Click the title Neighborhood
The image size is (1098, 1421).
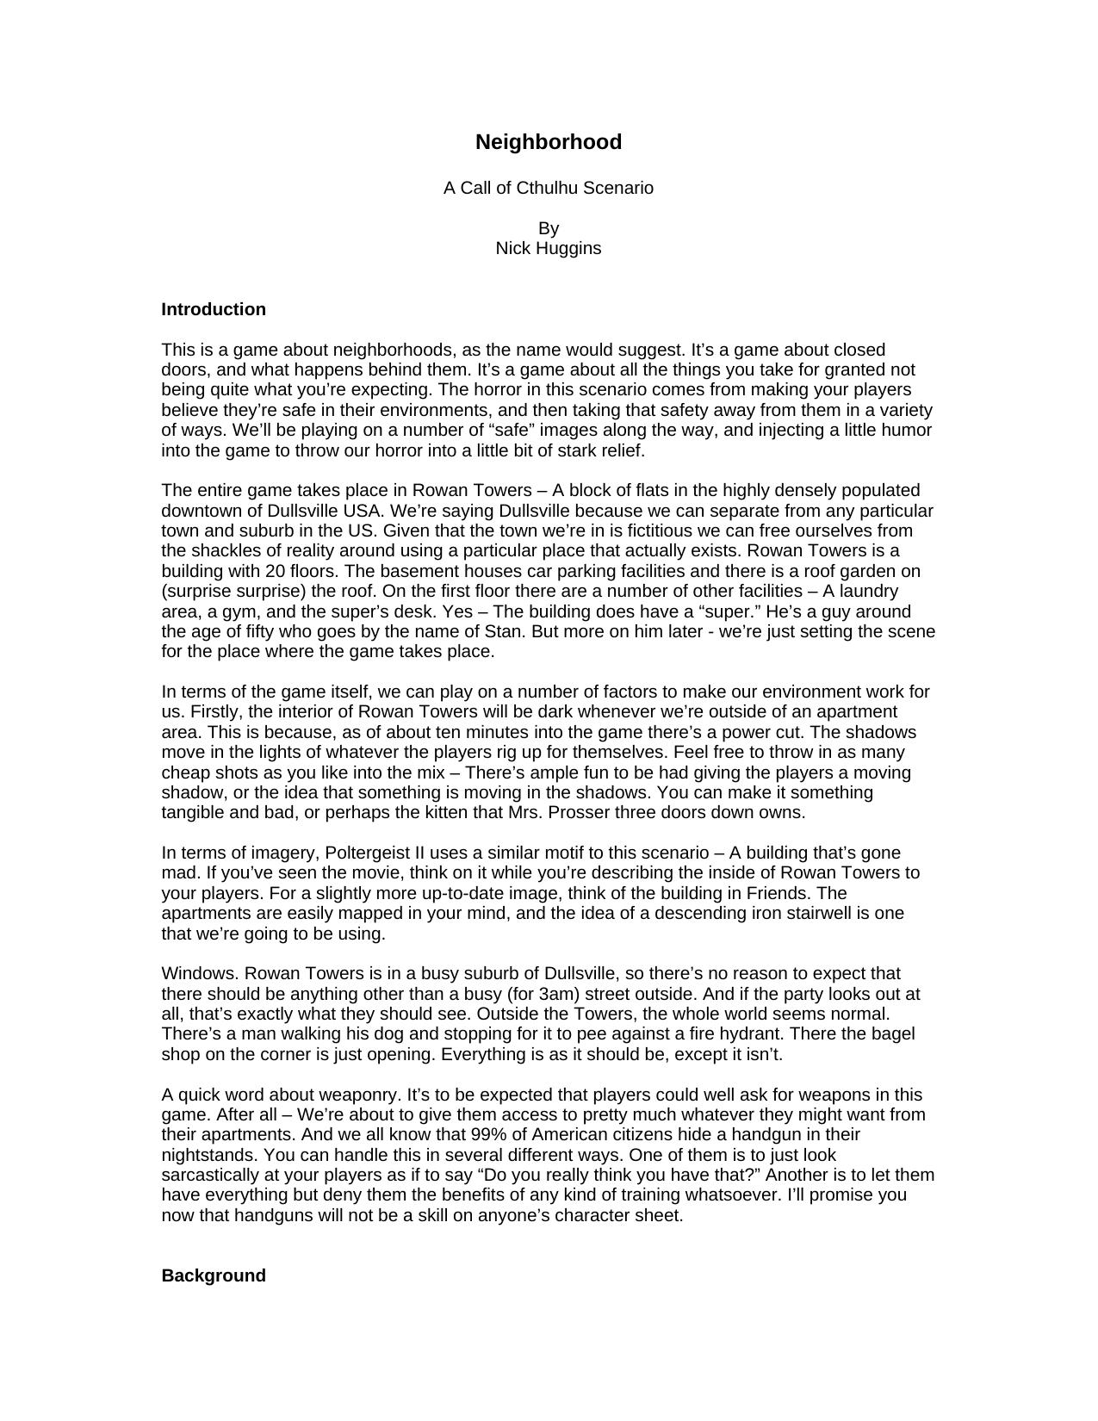point(549,142)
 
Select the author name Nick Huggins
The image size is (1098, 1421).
point(549,248)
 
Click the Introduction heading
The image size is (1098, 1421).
point(214,309)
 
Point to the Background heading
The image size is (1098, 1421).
point(214,1275)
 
